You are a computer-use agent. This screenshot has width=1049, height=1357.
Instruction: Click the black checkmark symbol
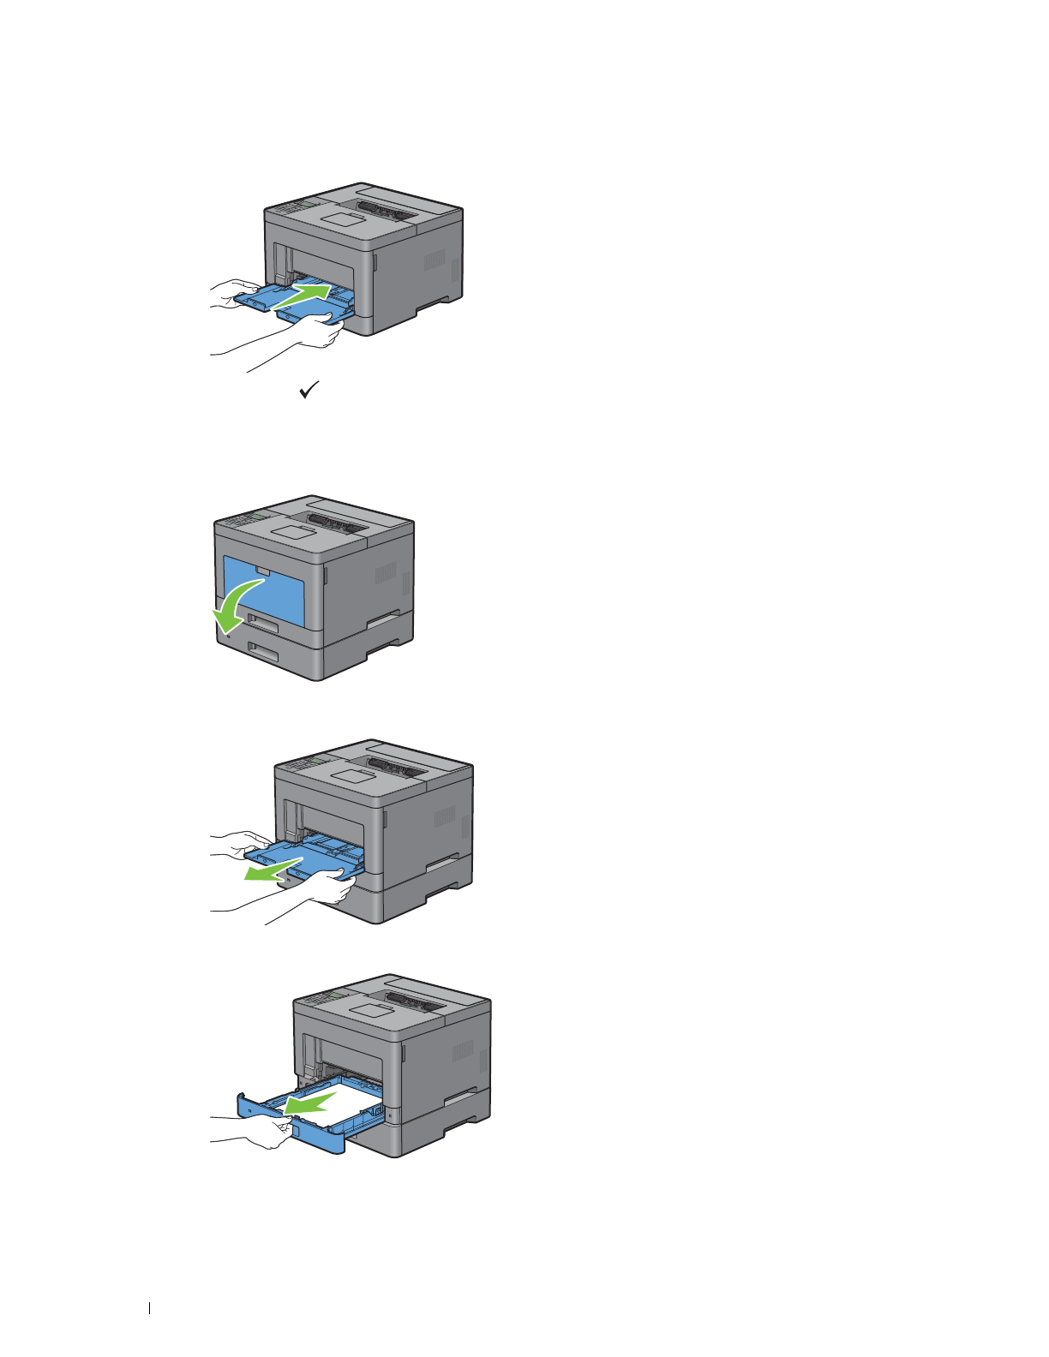[x=309, y=391]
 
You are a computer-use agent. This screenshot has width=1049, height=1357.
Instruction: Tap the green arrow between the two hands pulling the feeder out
[x=272, y=868]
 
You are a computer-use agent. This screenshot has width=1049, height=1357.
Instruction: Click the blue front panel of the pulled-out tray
[x=317, y=1136]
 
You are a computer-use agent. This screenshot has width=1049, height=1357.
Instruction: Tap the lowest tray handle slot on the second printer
[x=264, y=653]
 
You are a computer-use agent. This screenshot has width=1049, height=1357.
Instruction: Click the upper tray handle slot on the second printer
[x=263, y=623]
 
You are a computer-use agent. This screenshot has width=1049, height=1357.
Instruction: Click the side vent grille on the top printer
[x=435, y=260]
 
